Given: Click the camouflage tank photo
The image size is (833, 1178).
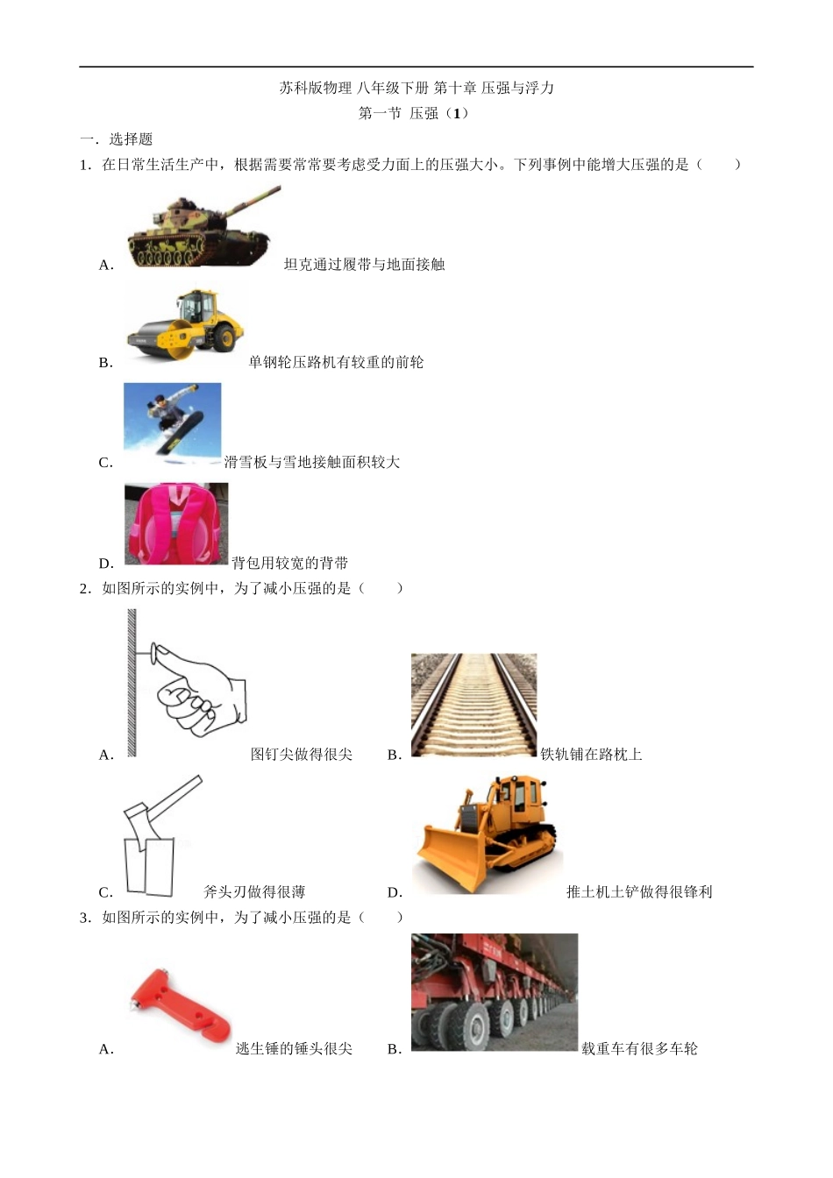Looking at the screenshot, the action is coord(204,226).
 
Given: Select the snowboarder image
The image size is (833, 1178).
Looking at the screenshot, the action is coord(172,423).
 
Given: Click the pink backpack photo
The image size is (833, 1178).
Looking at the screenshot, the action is coord(176,524).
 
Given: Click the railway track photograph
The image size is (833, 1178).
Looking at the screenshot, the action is coord(473,706).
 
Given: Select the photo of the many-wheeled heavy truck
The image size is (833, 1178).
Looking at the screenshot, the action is coord(495,992).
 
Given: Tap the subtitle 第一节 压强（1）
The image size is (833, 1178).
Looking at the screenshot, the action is coord(413,113).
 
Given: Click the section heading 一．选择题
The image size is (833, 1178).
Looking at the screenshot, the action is coord(117,139).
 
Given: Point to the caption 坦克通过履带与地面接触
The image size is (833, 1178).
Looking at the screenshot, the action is coord(364,264).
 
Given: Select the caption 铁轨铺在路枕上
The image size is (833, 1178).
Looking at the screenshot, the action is coord(591,754).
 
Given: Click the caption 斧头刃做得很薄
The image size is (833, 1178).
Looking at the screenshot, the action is coord(254,891).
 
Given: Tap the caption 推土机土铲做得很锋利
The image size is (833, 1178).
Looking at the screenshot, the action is coord(639,891).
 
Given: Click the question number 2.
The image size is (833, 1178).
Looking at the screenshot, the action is coord(86,588).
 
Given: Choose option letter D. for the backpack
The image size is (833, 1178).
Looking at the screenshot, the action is coord(106,564).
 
